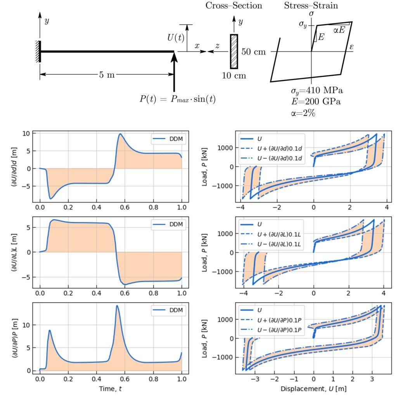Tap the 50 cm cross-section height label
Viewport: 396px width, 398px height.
click(x=254, y=51)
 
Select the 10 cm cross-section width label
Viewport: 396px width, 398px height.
click(x=234, y=75)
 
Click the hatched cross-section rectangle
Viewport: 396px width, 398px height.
click(x=234, y=51)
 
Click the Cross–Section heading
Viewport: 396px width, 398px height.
click(x=233, y=5)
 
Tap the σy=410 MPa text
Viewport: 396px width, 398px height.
click(x=317, y=91)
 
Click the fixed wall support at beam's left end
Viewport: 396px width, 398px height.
click(x=38, y=51)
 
